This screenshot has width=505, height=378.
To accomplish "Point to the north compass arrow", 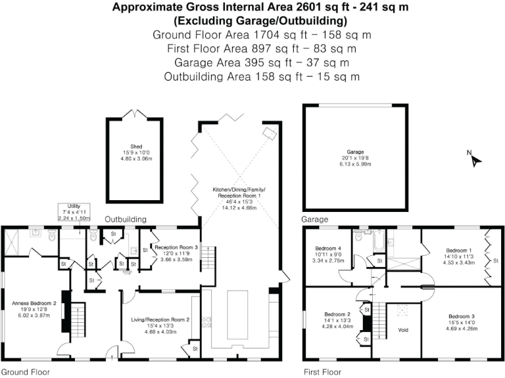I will [x=475, y=159].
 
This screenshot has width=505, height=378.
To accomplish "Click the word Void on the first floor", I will [x=404, y=330].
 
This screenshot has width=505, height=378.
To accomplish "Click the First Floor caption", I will [x=322, y=371].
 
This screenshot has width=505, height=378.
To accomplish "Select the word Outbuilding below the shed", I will [x=126, y=219].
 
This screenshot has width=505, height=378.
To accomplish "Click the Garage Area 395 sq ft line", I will [x=252, y=62].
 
